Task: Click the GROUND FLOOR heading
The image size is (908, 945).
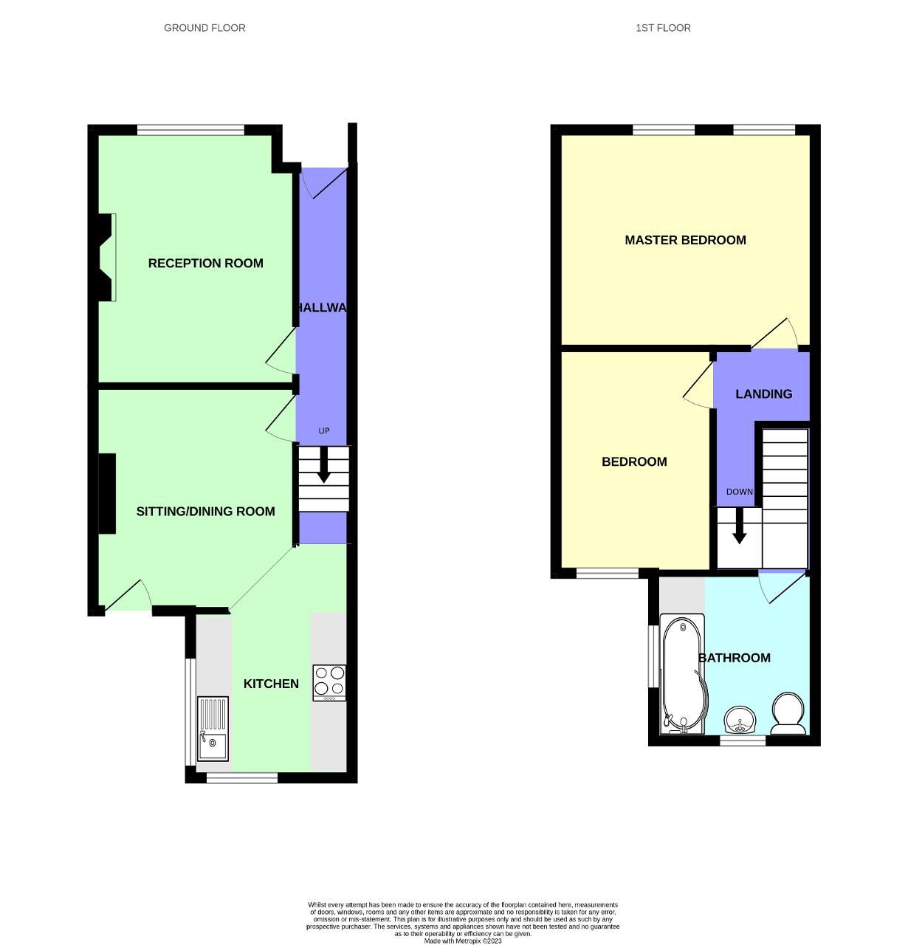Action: pyautogui.click(x=204, y=28)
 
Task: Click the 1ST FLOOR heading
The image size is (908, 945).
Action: pyautogui.click(x=663, y=28)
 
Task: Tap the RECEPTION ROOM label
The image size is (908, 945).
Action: pyautogui.click(x=205, y=264)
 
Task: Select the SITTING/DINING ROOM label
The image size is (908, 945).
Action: pyautogui.click(x=205, y=512)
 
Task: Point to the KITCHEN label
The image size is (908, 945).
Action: pyautogui.click(x=271, y=684)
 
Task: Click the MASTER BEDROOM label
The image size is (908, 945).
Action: pyautogui.click(x=685, y=240)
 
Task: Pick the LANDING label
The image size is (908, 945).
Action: pyautogui.click(x=763, y=394)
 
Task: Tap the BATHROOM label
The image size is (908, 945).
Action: pyautogui.click(x=735, y=658)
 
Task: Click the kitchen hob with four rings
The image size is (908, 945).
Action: pyautogui.click(x=329, y=683)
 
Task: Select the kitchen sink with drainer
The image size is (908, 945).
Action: pyautogui.click(x=213, y=729)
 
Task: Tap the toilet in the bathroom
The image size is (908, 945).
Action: pyautogui.click(x=788, y=713)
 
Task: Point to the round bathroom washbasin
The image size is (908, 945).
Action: pyautogui.click(x=739, y=720)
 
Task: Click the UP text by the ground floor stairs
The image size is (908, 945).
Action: pyautogui.click(x=323, y=431)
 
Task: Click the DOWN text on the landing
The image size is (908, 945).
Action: pyautogui.click(x=739, y=492)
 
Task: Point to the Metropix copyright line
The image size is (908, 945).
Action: pyautogui.click(x=463, y=941)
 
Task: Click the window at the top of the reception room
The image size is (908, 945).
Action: pyautogui.click(x=190, y=131)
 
